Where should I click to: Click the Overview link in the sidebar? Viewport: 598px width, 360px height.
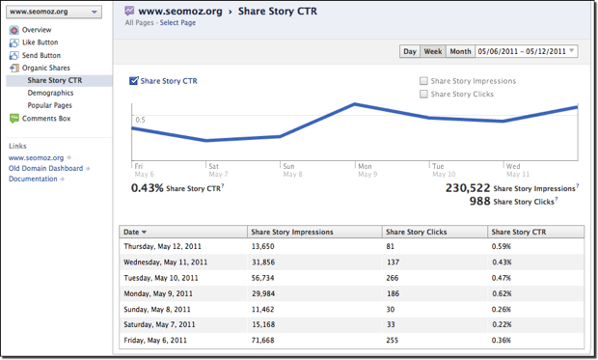click(x=36, y=30)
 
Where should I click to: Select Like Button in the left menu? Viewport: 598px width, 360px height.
click(x=40, y=42)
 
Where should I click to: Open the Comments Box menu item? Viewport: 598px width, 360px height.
click(x=45, y=119)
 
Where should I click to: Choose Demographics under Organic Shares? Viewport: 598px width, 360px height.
click(x=50, y=93)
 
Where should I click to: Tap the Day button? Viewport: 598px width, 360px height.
click(x=410, y=51)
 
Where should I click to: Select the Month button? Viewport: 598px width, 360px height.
click(x=460, y=51)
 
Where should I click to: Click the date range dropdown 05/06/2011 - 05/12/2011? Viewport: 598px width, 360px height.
click(x=527, y=51)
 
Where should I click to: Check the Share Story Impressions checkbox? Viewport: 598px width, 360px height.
click(x=424, y=81)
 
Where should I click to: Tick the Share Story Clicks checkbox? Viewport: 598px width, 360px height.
click(x=424, y=94)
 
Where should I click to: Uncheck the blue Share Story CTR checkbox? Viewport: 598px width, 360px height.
click(x=134, y=81)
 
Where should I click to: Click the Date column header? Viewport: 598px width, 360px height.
click(x=133, y=232)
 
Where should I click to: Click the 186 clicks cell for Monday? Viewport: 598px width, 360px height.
click(x=394, y=291)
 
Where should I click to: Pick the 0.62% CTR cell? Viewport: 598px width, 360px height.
click(x=503, y=291)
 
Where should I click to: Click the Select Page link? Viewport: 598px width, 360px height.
click(x=177, y=22)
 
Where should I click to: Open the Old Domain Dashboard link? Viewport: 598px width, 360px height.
click(x=45, y=168)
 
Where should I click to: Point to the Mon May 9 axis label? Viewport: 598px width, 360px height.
click(x=366, y=170)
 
